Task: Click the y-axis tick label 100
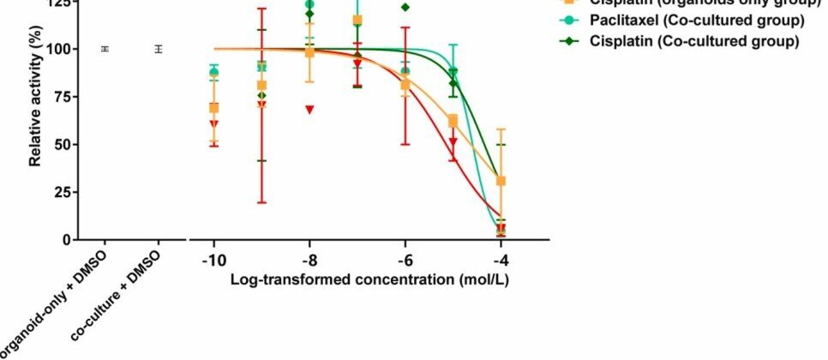(58, 49)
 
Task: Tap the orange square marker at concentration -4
(501, 181)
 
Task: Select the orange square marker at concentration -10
(213, 108)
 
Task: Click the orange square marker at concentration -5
(453, 122)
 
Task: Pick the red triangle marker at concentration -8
(309, 110)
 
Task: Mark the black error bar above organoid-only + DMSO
(105, 49)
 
